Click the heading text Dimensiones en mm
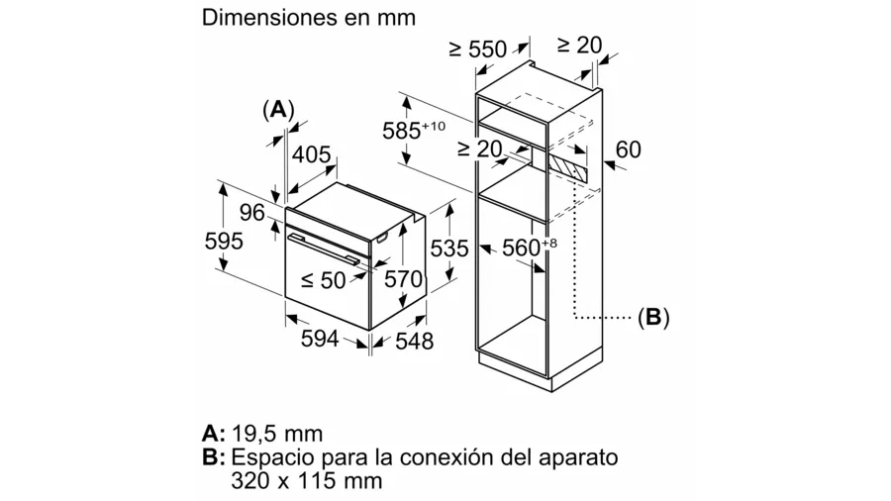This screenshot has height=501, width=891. coord(308,19)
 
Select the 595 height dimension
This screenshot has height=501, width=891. coord(223,241)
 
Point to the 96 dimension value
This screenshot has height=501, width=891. coord(252,212)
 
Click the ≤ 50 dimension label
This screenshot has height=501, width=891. coord(323,281)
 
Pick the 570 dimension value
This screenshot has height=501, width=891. coord(403,280)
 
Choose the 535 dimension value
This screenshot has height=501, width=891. coord(448,249)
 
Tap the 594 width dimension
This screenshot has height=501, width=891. coord(320,340)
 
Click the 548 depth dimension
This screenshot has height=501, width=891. coord(414,342)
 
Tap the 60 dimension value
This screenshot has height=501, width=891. coord(628,150)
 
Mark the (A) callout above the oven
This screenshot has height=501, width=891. coord(279,108)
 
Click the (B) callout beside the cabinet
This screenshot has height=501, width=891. coord(652,318)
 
